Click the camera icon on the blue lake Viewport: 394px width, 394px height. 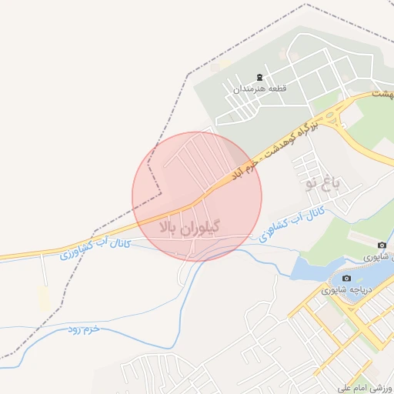click(x=347, y=278)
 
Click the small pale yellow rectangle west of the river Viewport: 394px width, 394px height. click(x=44, y=299)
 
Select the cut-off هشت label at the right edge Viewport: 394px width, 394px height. click(x=382, y=94)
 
